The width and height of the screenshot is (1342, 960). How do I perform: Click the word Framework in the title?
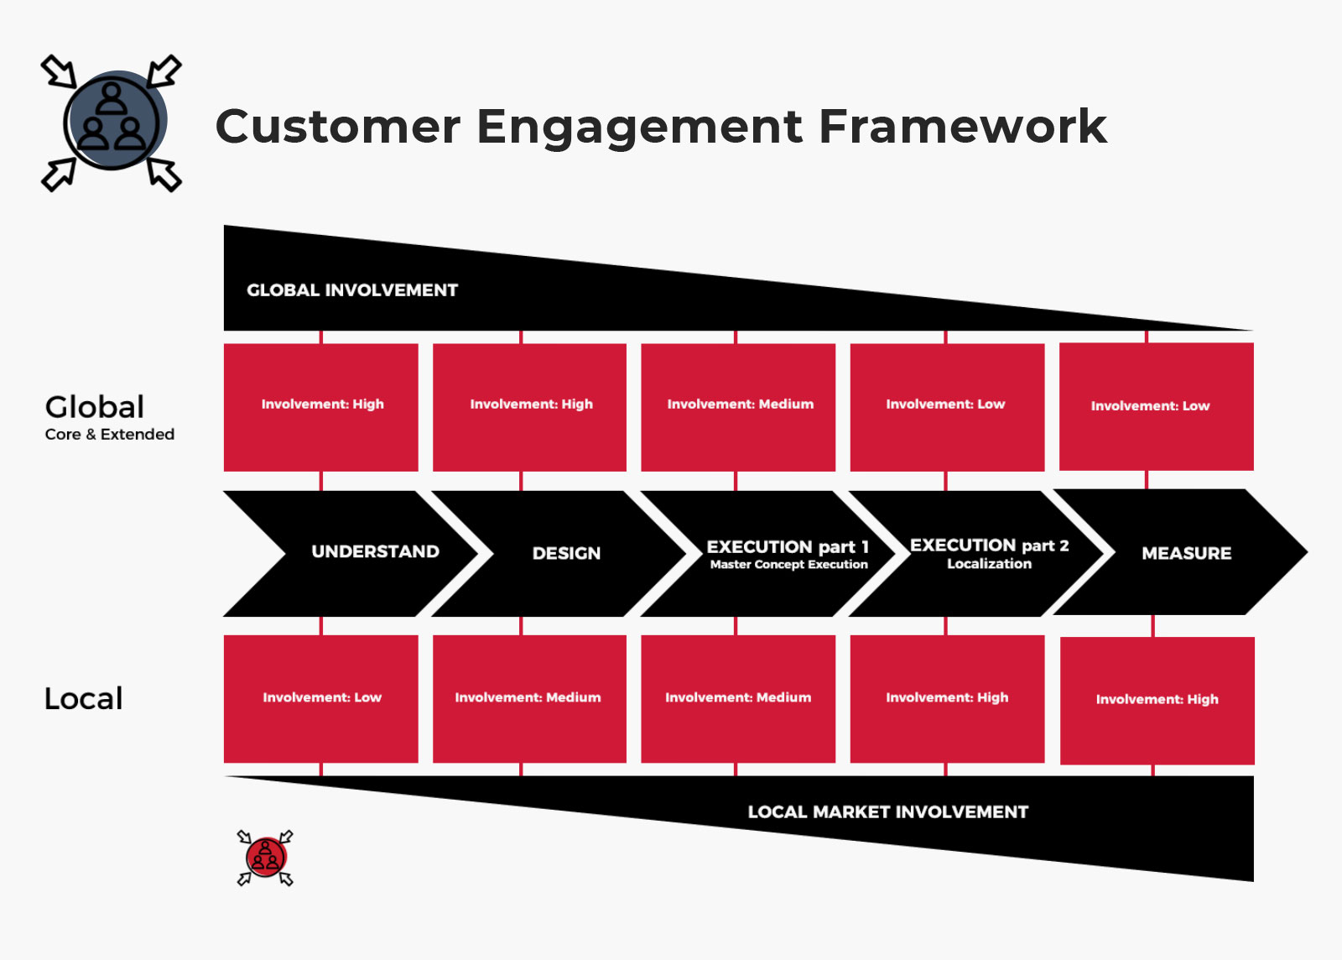[963, 127]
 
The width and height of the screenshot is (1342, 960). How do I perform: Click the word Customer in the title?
[338, 127]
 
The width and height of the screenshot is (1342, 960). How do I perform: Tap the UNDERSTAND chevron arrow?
[351, 553]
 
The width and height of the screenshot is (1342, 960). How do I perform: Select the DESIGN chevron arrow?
[559, 553]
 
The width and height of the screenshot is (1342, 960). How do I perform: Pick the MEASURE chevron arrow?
[1180, 552]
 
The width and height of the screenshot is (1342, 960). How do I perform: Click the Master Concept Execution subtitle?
[789, 565]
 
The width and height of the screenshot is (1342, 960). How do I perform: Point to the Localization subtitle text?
[989, 563]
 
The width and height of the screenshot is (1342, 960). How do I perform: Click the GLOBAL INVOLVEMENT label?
[352, 290]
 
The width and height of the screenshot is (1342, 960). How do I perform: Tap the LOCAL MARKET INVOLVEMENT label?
[888, 812]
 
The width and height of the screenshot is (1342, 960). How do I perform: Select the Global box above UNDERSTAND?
[321, 407]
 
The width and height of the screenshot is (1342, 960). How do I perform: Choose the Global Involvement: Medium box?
[738, 407]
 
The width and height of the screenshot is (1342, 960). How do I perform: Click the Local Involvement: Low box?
[321, 699]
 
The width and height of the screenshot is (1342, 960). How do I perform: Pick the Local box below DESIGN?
[529, 699]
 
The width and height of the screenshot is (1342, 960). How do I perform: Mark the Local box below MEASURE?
[1157, 701]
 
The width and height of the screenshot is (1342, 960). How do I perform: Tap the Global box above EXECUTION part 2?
[947, 407]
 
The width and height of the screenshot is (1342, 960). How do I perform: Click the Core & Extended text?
[110, 435]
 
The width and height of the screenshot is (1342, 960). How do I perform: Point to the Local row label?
[84, 699]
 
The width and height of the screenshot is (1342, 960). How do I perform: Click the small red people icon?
[265, 858]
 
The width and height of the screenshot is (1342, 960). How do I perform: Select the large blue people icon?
[112, 123]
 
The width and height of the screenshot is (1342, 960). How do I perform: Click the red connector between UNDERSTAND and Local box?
[321, 626]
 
